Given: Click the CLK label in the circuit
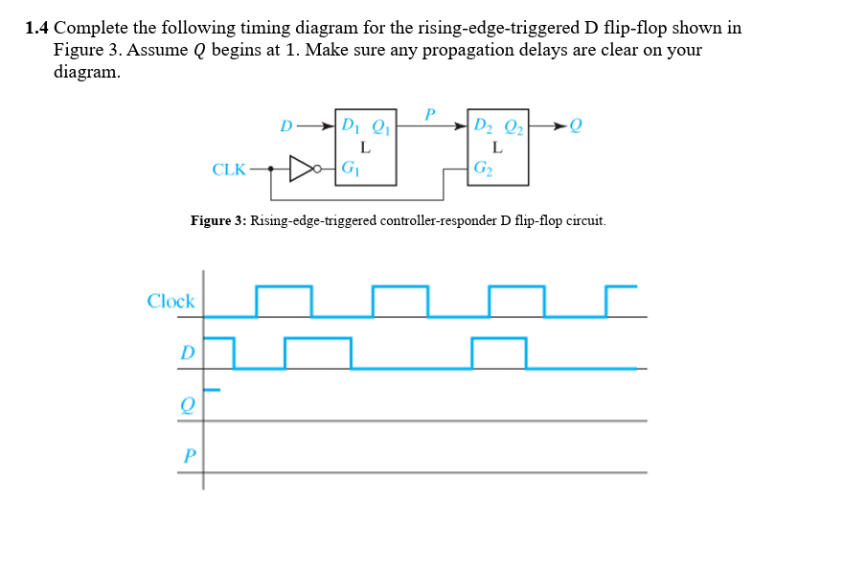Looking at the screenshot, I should tap(229, 170).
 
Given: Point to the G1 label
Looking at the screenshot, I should tap(350, 169).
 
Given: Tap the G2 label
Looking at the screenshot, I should tap(483, 169).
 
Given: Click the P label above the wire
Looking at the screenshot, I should tap(430, 113).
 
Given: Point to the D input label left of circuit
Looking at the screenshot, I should tap(285, 125).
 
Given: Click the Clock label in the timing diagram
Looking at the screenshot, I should tap(171, 301).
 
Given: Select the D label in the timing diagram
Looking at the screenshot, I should tap(188, 352).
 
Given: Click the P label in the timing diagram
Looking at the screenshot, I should tap(189, 456).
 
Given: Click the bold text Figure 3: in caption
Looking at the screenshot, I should tap(218, 220).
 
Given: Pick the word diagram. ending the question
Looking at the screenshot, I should tap(87, 72).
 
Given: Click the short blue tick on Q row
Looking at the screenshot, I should tap(212, 390).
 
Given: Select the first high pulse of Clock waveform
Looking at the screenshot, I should tap(284, 286).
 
